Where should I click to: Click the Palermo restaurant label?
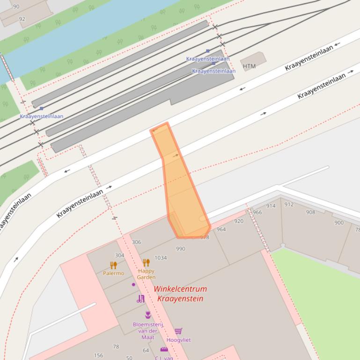tap(114, 273)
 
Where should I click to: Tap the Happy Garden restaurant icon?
tap(146, 263)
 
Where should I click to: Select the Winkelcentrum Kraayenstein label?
tap(180, 294)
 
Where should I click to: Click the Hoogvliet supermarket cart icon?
tap(178, 331)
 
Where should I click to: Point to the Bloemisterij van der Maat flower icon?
tap(148, 315)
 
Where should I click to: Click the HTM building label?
tap(250, 66)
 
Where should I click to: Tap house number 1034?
tap(161, 258)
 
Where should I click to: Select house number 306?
tap(136, 242)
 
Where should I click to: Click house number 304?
tap(120, 255)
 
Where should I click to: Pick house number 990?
tap(181, 249)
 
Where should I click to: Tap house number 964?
tap(221, 229)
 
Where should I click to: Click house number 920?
tap(239, 221)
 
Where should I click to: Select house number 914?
tap(271, 206)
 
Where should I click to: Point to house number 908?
tap(310, 212)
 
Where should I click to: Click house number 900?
tap(339, 223)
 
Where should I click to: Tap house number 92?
tap(22, 19)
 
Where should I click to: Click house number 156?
tap(98, 355)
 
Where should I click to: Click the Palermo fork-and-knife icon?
tap(113, 265)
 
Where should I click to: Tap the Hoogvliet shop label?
tap(178, 340)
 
